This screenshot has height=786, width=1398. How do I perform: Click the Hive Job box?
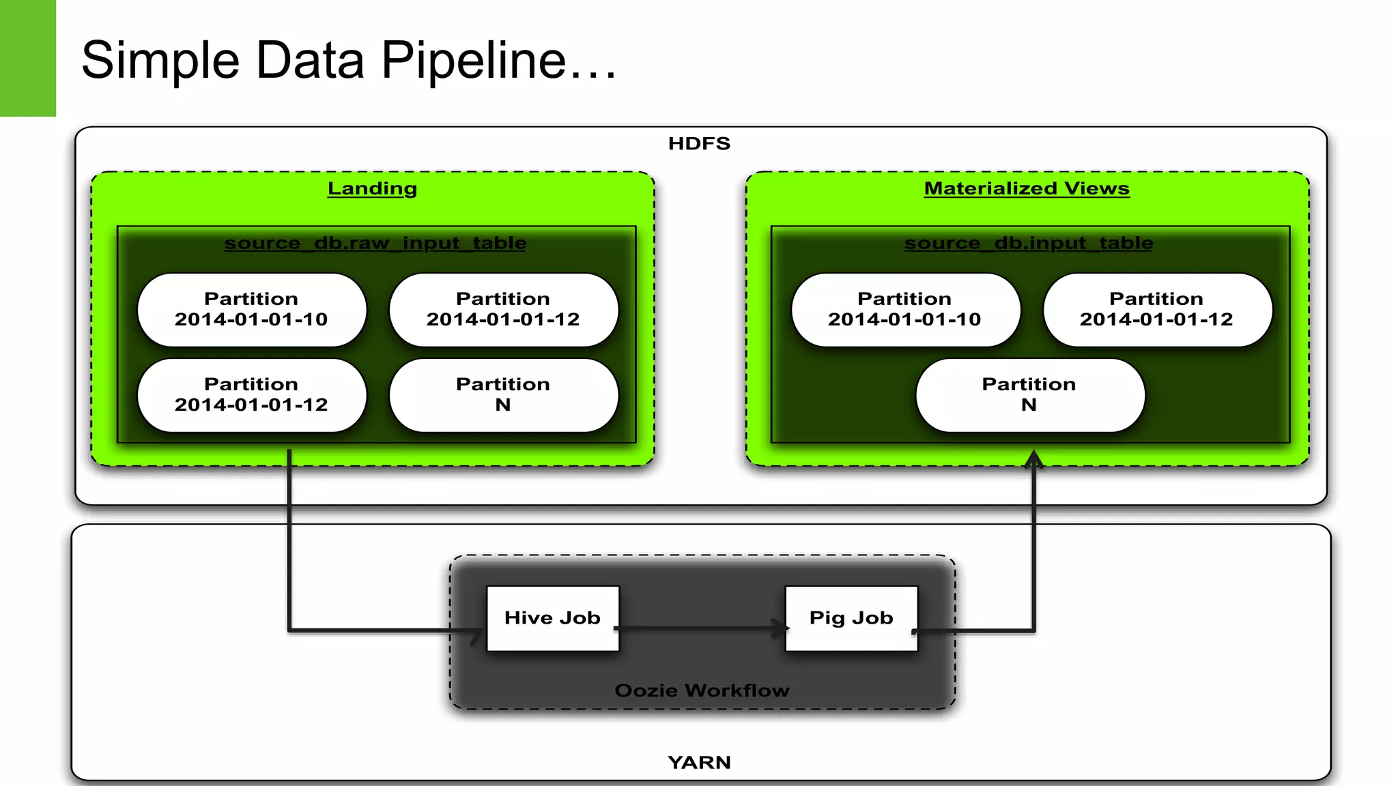pos(552,618)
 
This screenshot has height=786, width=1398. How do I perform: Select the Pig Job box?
pos(851,618)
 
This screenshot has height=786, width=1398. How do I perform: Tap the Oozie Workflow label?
pos(702,690)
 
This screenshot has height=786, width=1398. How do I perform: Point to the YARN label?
pos(699,762)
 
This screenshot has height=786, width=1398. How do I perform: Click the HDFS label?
pos(699,143)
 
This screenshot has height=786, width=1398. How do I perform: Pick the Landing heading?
pos(372,188)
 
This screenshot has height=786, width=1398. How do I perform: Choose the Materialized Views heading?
pos(1027,188)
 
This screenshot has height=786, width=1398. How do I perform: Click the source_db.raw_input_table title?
pos(375,243)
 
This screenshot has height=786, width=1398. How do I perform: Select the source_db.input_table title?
pos(1029,243)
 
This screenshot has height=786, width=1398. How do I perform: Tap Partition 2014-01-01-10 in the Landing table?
pos(251,310)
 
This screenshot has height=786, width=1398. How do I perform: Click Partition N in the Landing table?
pos(503,395)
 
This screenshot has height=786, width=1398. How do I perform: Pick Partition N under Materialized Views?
pos(1029,395)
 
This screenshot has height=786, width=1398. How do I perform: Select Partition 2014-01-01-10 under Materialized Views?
pos(904,310)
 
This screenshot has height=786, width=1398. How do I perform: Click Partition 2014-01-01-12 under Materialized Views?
pos(1156,310)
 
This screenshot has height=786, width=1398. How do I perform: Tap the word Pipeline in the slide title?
pos(474,60)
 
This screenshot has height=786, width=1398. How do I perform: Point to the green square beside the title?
pos(27,58)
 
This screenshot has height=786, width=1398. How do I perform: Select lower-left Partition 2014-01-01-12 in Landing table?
pos(251,395)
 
